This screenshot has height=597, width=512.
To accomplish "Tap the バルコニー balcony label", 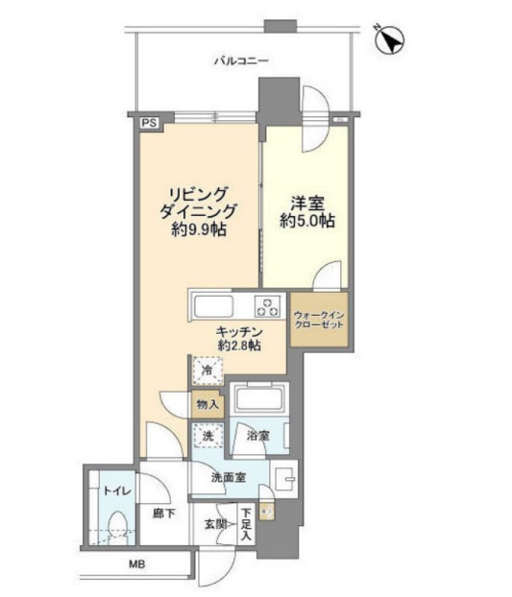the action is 241,60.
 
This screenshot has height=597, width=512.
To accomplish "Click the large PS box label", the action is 149,124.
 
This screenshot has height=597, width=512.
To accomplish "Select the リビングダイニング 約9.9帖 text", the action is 199,212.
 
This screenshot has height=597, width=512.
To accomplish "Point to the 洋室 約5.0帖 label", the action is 307,212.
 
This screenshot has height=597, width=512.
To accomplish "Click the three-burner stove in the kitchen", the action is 267,306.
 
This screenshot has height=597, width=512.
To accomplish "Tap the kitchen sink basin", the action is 213,306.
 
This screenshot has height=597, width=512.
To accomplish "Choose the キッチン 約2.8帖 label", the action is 239,339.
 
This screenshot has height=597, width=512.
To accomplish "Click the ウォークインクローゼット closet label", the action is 319,321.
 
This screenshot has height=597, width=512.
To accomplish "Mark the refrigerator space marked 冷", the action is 207,370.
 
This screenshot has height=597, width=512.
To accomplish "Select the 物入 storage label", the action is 207,404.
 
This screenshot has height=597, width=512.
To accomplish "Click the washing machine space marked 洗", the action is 208,436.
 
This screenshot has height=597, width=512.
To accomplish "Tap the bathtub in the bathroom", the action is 259,399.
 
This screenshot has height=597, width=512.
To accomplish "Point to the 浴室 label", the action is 257,436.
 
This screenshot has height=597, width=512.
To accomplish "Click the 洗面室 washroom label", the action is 229,478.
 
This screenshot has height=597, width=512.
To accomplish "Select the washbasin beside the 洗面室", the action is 284,479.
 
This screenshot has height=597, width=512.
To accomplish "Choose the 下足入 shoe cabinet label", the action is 247,524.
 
